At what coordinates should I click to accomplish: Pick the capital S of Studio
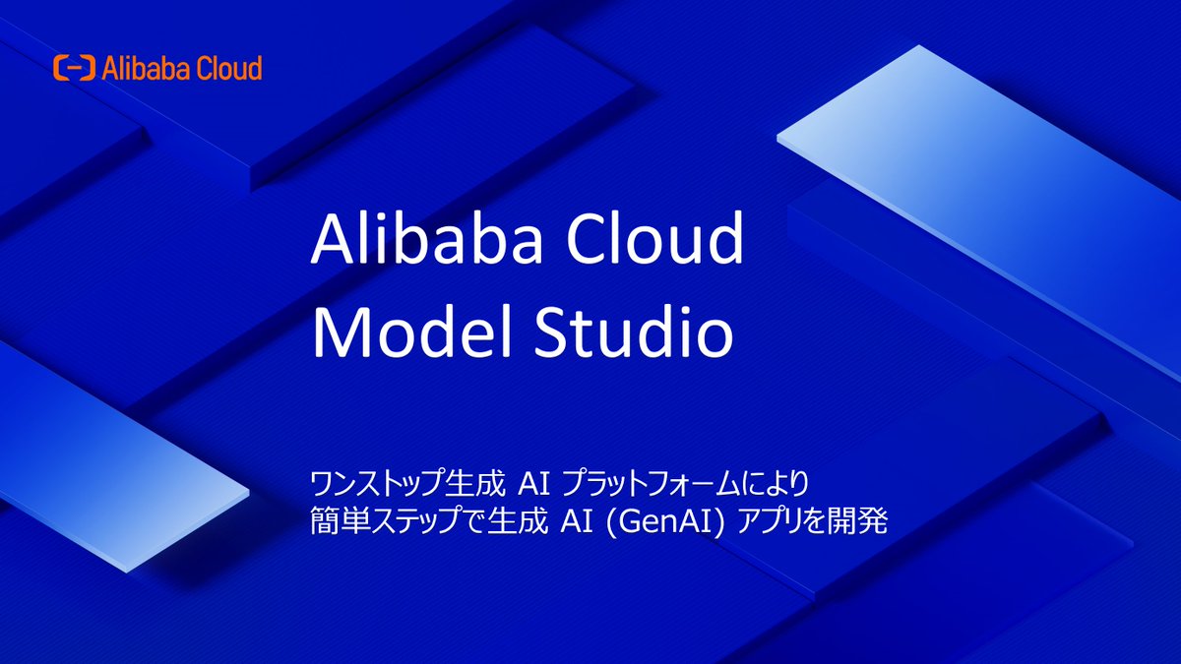(554, 334)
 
